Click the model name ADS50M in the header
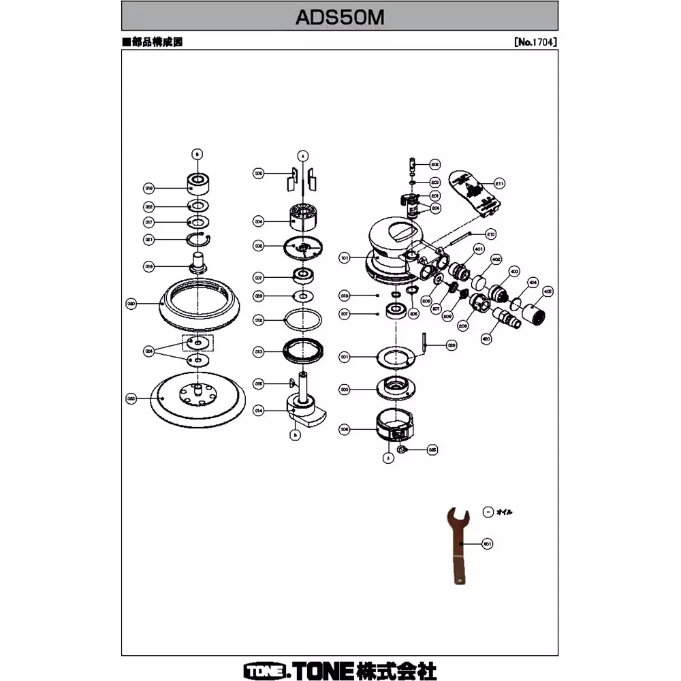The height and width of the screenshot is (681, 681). coord(340,16)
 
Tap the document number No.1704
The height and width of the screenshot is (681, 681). coord(536,42)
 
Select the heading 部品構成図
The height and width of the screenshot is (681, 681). coord(155,42)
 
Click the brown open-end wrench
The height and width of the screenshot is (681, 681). coord(456,545)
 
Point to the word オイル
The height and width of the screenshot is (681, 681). coord(505,511)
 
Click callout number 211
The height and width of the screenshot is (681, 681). coord(498,183)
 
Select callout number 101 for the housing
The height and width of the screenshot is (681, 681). coord(345,258)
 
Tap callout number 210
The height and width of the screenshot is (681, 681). coord(490,234)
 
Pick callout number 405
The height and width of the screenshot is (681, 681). coord(547,289)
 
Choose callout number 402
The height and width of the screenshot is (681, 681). coord(496,259)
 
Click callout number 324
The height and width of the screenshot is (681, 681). coord(148,351)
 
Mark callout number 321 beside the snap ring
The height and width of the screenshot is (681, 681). coord(149,239)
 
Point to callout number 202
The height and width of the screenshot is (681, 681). coord(435,165)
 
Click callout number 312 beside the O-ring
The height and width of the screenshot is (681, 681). coord(259,319)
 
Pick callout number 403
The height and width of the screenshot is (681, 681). coord(514,271)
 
